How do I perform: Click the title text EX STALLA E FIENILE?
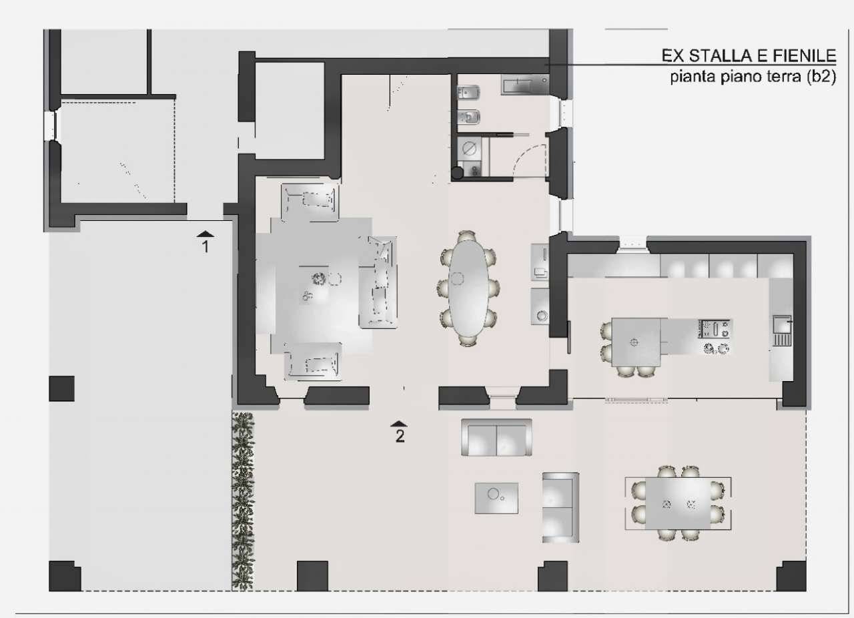[749, 55]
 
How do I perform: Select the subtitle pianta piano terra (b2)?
[753, 77]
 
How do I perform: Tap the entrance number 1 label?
[205, 247]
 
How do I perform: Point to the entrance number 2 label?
[400, 436]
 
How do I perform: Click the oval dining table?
[468, 289]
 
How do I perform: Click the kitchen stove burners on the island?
[714, 338]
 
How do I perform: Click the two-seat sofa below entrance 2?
[496, 438]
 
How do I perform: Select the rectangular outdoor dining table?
[678, 504]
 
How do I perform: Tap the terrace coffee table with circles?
[496, 499]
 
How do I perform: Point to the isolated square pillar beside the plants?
[62, 388]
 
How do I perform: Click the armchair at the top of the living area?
[310, 202]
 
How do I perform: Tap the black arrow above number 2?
[399, 424]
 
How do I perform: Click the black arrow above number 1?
[205, 234]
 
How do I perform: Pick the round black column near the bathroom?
[457, 174]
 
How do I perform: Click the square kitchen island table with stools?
[636, 342]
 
